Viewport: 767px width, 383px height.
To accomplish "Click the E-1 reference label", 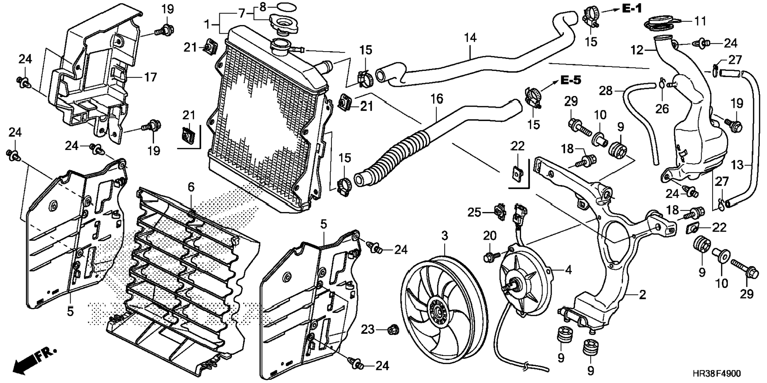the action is coord(632,8).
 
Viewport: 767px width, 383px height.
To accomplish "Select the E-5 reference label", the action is coord(571,80).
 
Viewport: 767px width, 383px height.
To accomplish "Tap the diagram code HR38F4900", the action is coord(716,373).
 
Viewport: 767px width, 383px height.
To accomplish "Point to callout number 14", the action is coord(470,38).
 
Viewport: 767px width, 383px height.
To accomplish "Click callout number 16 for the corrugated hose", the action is coord(437,99).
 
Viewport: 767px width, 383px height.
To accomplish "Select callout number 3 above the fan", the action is coord(445,236).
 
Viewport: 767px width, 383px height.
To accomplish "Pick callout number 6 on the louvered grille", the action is coord(191,187).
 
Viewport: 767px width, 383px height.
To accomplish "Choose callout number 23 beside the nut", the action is coord(368,329).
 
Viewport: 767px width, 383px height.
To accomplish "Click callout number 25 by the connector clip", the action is coord(474,213).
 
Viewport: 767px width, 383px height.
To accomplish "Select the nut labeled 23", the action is coord(393,329).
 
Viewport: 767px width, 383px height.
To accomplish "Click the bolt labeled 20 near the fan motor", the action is coord(489,257).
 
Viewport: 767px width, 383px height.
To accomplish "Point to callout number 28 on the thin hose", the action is coord(606,91).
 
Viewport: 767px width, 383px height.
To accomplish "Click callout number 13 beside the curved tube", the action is coord(737,165).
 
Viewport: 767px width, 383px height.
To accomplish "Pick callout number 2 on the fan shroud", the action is coord(642,295).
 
